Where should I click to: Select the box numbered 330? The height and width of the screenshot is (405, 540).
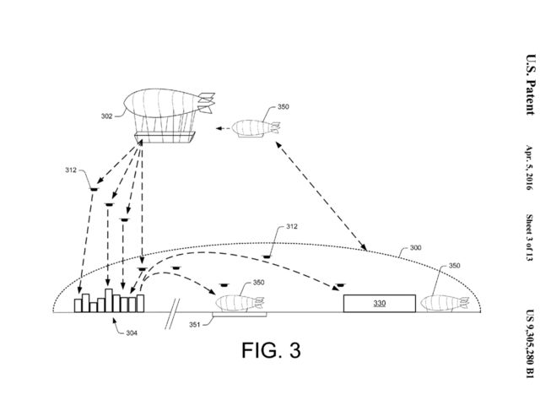379,303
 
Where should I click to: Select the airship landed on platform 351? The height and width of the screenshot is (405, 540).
240,301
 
